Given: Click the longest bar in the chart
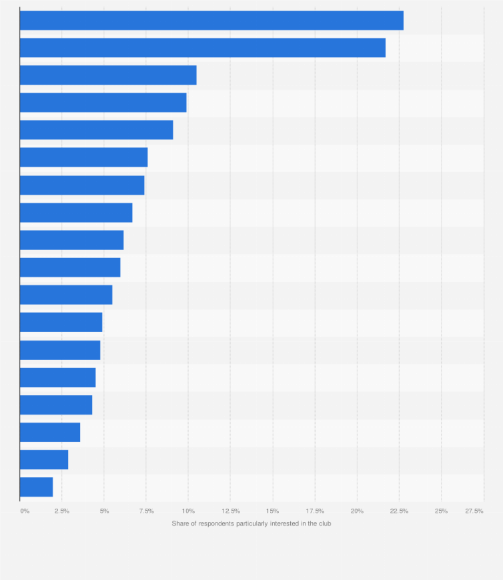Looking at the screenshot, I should pyautogui.click(x=211, y=21).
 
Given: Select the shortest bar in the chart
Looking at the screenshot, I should pyautogui.click(x=36, y=487).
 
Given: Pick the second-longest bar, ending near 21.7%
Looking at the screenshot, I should pyautogui.click(x=202, y=48).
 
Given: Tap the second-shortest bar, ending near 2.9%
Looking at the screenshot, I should pyautogui.click(x=44, y=460).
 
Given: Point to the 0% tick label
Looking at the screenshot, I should pyautogui.click(x=25, y=511).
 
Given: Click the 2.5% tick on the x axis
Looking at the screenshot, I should pyautogui.click(x=61, y=511).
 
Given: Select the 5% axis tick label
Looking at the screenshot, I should pyautogui.click(x=104, y=511).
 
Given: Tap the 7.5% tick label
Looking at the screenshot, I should pyautogui.click(x=146, y=511).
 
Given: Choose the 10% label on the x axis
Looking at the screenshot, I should pyautogui.click(x=188, y=511).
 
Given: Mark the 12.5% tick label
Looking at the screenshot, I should pyautogui.click(x=230, y=511).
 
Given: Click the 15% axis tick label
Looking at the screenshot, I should pyautogui.click(x=272, y=511).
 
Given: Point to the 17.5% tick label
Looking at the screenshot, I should pyautogui.click(x=315, y=511).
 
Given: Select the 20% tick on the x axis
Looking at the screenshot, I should pyautogui.click(x=357, y=511).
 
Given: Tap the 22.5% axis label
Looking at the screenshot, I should pyautogui.click(x=399, y=511).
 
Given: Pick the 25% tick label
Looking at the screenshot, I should pyautogui.click(x=441, y=511).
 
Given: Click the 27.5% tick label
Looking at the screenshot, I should pyautogui.click(x=474, y=511).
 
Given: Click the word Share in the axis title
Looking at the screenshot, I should pyautogui.click(x=181, y=523).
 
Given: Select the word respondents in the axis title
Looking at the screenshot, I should pyautogui.click(x=217, y=523).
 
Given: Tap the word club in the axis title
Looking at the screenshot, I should pyautogui.click(x=324, y=523).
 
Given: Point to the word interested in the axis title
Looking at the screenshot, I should pyautogui.click(x=281, y=523).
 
